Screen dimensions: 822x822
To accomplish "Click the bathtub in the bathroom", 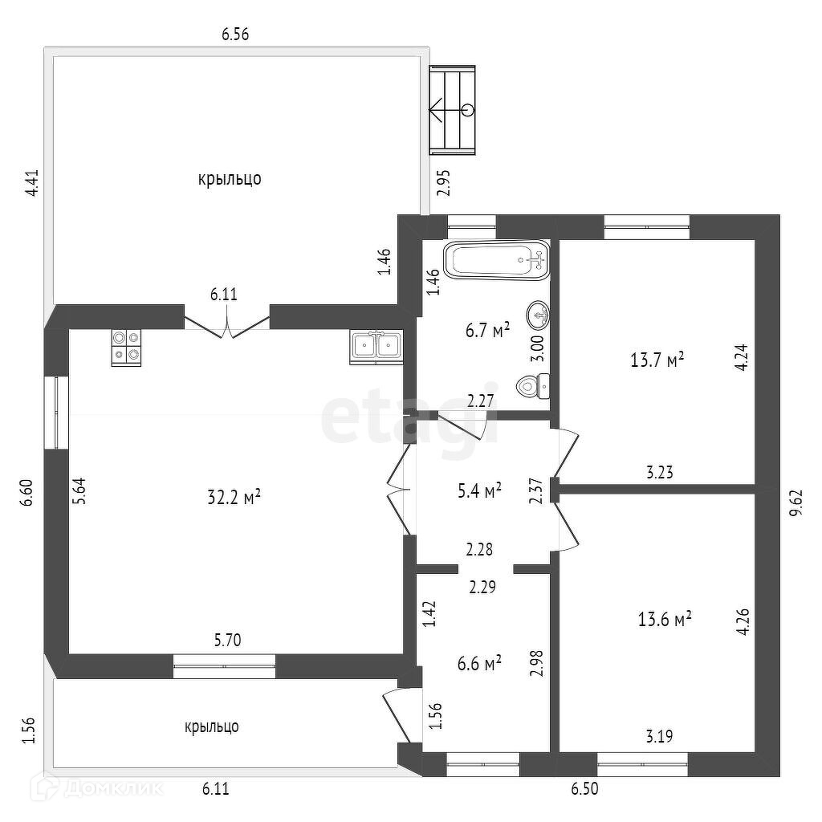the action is (496, 260).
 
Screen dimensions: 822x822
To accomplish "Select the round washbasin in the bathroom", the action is (539, 315).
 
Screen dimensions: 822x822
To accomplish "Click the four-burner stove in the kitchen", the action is (126, 348).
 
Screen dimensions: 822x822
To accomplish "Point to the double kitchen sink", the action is (376, 347).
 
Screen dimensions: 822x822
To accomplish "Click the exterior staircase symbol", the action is (452, 110).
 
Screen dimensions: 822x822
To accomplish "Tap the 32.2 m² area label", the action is (234, 497).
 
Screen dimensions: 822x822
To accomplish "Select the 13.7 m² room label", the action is (657, 360).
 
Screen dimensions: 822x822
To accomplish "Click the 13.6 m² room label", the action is (665, 619).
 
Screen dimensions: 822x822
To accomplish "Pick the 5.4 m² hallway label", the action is (479, 491).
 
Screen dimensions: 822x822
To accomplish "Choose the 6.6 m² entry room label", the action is (479, 663).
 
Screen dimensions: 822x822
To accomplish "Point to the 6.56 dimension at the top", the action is (235, 35).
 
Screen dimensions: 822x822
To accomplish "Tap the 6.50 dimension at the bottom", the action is (584, 788).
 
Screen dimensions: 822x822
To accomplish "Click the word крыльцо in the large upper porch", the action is (230, 179).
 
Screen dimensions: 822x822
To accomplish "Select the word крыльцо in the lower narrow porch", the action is (212, 726).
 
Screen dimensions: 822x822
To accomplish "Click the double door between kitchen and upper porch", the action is (227, 323).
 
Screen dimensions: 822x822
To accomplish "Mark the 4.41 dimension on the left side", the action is (32, 182).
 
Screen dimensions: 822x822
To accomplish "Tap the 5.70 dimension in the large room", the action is (227, 640).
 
